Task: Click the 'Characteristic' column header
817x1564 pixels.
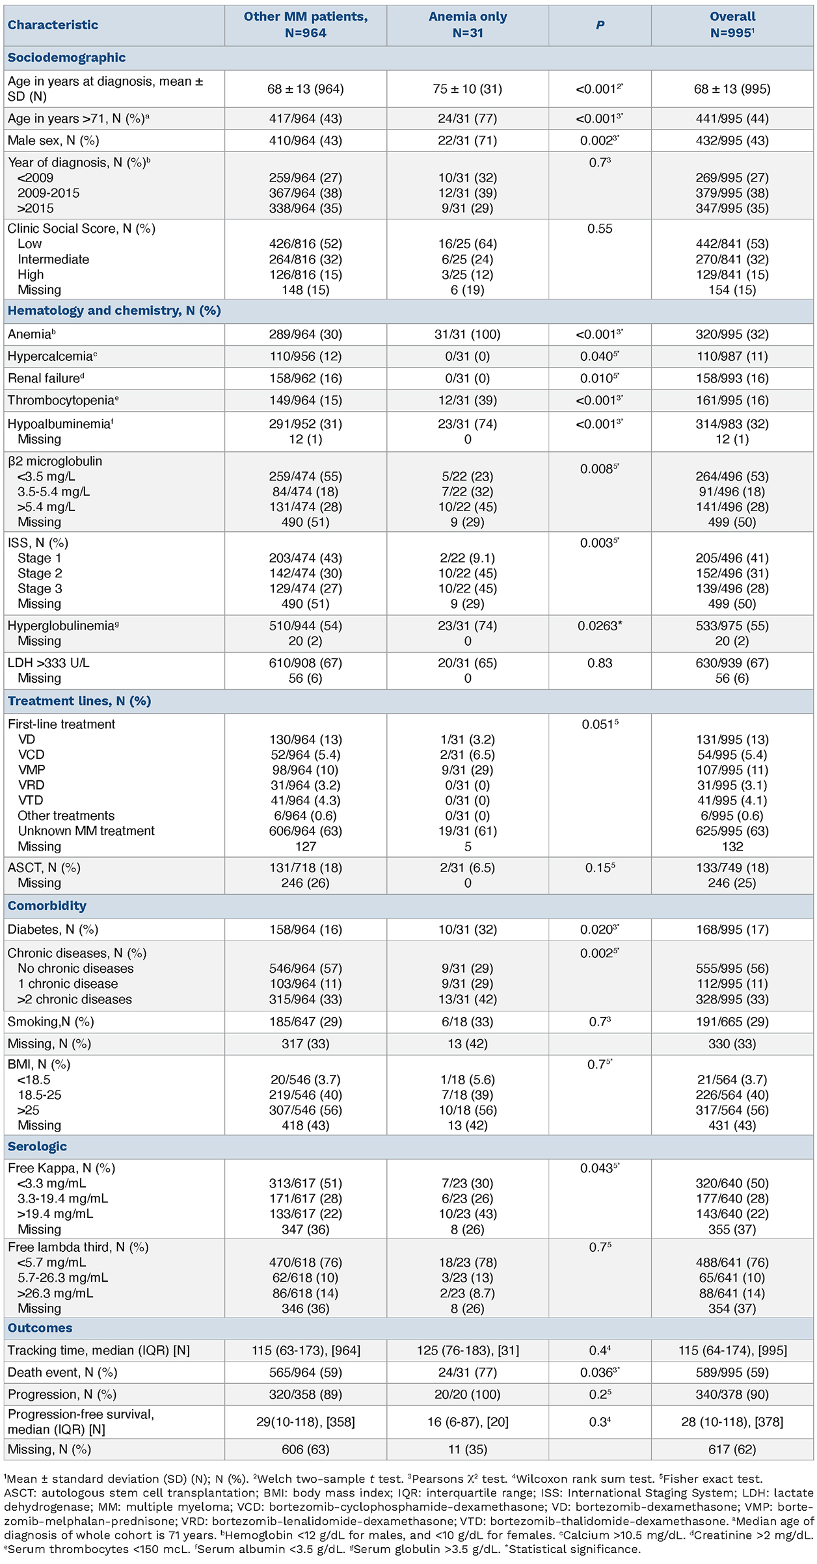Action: [x=53, y=25]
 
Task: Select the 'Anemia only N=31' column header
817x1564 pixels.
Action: [x=467, y=25]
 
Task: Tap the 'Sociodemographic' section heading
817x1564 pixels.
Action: [x=66, y=57]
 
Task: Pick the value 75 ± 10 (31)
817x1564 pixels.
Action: [x=467, y=88]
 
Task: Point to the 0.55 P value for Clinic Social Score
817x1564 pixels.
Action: [x=599, y=228]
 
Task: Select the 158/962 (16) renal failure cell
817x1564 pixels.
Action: [x=305, y=378]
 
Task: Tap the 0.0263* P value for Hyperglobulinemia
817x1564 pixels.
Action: [x=599, y=626]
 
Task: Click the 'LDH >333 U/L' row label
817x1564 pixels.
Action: [x=49, y=663]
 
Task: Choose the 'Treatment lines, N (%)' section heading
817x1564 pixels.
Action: [x=79, y=701]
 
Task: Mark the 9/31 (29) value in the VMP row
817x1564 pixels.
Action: [x=467, y=770]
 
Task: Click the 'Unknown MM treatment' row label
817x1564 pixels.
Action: [x=86, y=830]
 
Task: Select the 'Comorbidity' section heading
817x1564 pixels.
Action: [x=47, y=906]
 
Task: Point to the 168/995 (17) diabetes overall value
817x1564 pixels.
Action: [x=732, y=930]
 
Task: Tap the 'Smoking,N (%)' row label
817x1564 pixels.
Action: [x=51, y=1022]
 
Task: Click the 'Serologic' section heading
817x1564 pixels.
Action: [x=37, y=1146]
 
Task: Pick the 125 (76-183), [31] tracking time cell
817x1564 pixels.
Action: [x=467, y=1351]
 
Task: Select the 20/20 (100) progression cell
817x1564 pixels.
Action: [x=467, y=1394]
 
